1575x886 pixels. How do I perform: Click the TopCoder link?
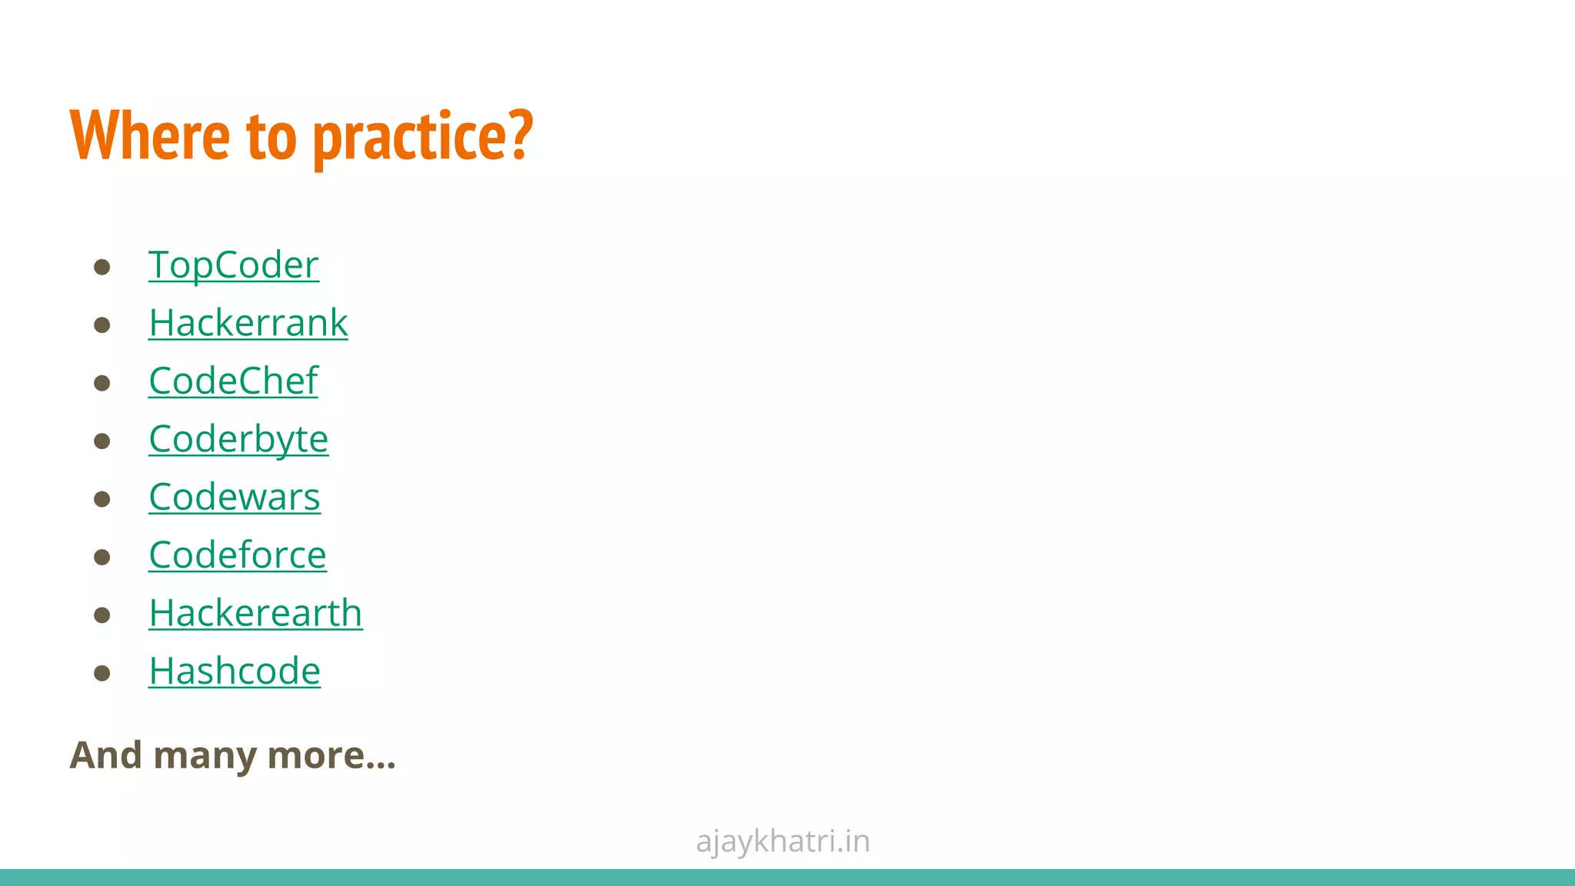[x=234, y=265]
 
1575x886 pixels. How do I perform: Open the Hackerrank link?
[x=248, y=323]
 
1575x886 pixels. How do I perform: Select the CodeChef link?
[x=233, y=381]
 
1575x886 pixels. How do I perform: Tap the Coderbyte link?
[x=238, y=439]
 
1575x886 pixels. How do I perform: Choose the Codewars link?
[x=235, y=497]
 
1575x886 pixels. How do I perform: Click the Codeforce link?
[x=238, y=555]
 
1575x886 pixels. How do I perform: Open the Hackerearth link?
[x=255, y=613]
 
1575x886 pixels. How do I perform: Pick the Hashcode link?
[x=235, y=671]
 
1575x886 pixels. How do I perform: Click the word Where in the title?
[x=150, y=136]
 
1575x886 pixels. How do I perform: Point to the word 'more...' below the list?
[x=331, y=755]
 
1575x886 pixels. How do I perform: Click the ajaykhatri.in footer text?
[x=783, y=841]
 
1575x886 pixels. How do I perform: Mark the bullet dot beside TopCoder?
[x=102, y=268]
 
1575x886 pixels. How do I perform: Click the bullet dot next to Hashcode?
[x=102, y=674]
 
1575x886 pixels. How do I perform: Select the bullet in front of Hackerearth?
[x=102, y=615]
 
